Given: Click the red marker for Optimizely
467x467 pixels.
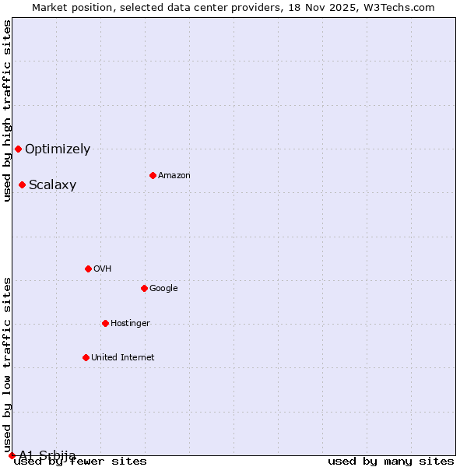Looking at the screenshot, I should (18, 149).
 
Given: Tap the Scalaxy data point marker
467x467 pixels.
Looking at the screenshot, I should (22, 184).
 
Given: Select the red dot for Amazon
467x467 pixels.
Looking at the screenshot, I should (153, 175).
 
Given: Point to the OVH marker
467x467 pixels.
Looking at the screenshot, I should (88, 269).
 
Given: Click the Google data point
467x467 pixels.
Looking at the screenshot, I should (144, 288).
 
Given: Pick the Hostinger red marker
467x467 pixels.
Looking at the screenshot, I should (105, 323).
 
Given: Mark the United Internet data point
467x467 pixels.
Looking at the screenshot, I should (86, 357).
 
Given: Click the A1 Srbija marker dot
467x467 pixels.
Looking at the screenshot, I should (12, 455).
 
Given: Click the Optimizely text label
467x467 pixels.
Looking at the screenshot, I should (58, 149).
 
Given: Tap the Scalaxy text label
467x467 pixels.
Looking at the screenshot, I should (52, 184).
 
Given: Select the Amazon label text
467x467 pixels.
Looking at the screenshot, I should (174, 175).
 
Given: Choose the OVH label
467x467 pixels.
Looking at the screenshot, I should (102, 269).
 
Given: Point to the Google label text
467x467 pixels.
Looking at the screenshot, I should (163, 288).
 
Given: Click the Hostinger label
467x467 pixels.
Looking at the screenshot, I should (130, 323).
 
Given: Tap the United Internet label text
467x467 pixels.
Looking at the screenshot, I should (122, 357).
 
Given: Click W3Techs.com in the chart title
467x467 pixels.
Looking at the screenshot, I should (400, 7).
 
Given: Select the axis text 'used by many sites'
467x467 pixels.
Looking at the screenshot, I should (391, 462).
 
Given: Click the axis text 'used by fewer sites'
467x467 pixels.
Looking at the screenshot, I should (80, 462).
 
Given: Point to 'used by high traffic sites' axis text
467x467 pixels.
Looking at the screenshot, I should (7, 111).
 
